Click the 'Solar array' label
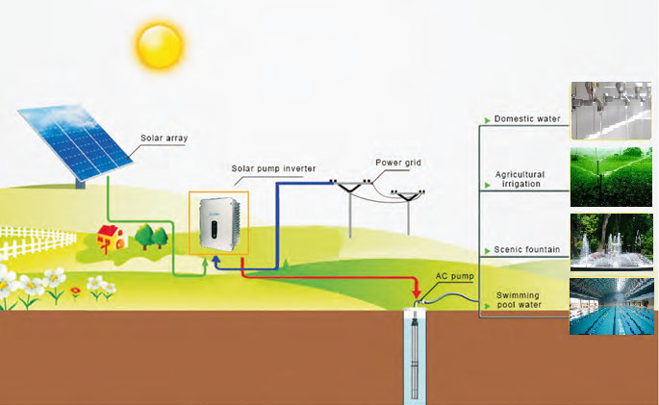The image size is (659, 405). click(164, 139)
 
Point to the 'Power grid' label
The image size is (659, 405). click(398, 163)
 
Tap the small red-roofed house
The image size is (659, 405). click(111, 237)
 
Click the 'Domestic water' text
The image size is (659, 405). click(527, 119)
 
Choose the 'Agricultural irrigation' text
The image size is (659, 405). click(519, 179)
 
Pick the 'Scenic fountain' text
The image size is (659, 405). click(526, 250)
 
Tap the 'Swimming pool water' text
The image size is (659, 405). click(519, 300)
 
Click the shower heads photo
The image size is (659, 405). click(611, 111)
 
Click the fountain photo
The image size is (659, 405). click(611, 241)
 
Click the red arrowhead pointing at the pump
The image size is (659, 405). click(416, 291)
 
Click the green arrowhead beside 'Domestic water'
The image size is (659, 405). click(487, 120)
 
